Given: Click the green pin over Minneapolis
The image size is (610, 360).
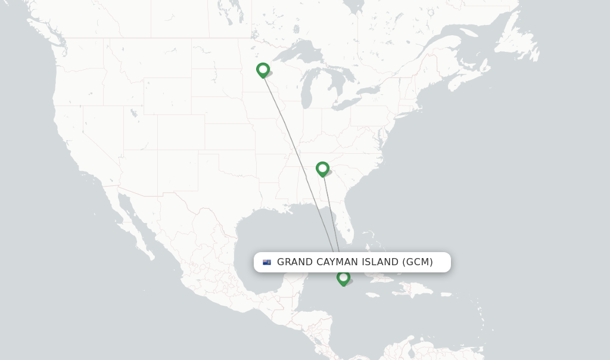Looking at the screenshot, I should [263, 70].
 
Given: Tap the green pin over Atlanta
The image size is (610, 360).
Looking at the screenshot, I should [322, 169].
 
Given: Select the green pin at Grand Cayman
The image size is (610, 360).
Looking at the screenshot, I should [343, 278].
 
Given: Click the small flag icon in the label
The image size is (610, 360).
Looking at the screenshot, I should [267, 262].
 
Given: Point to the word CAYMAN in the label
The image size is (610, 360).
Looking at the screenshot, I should [338, 262].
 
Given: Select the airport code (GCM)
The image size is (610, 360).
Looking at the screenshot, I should [418, 262].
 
